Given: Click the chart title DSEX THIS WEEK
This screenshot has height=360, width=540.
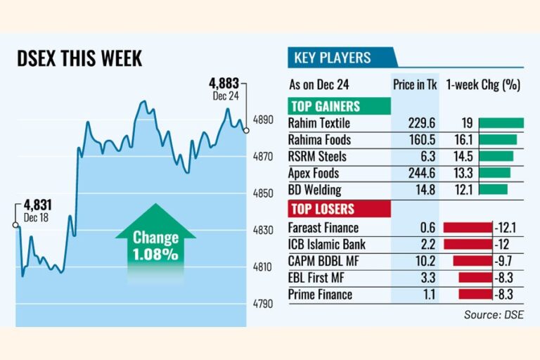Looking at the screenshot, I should coord(79,58).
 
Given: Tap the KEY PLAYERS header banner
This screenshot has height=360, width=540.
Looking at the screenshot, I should coord(332,58).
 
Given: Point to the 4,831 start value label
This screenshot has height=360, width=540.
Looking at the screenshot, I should coord(38,205).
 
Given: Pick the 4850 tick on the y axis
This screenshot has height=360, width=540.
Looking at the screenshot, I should coord(262,193).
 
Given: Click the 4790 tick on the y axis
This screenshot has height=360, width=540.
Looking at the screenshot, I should coord(262,304).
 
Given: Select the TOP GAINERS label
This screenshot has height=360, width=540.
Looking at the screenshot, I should coord(325,107).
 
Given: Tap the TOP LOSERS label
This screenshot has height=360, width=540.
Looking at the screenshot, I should coord(322,210).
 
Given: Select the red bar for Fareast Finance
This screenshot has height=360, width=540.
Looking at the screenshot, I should coord(468,228).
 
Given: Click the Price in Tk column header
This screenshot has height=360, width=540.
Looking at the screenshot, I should coord(415,85).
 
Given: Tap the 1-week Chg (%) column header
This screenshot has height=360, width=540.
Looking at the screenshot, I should coord(483,85).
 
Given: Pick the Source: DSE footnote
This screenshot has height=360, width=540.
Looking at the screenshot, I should coord(493,315).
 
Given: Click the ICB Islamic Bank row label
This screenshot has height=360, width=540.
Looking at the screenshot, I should coord(327,245).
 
